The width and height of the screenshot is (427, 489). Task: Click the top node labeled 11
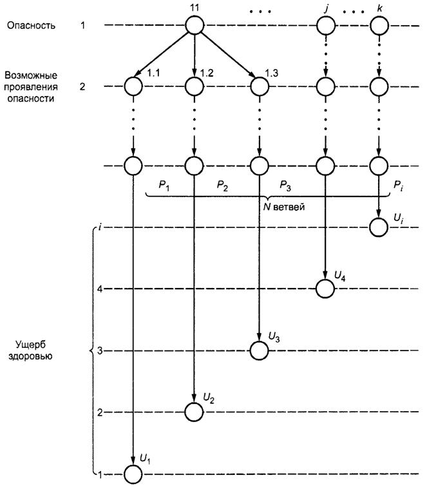pyautogui.click(x=195, y=25)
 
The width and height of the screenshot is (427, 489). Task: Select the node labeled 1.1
pyautogui.click(x=133, y=86)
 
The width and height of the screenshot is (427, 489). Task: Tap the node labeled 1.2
pyautogui.click(x=195, y=86)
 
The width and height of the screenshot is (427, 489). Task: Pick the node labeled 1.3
pyautogui.click(x=260, y=86)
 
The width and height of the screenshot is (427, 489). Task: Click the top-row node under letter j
pyautogui.click(x=326, y=25)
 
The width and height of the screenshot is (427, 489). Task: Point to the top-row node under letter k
pyautogui.click(x=379, y=25)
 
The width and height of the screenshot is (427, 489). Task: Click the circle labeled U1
pyautogui.click(x=133, y=474)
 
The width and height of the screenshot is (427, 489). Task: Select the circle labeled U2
pyautogui.click(x=194, y=412)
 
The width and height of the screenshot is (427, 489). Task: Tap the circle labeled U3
pyautogui.click(x=260, y=350)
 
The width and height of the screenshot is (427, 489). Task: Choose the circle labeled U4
pyautogui.click(x=325, y=289)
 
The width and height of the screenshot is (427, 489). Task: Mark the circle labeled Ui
pyautogui.click(x=379, y=227)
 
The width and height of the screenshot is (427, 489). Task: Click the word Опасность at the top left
pyautogui.click(x=31, y=25)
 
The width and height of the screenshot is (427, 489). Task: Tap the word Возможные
pyautogui.click(x=31, y=75)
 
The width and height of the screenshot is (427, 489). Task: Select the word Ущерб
pyautogui.click(x=30, y=345)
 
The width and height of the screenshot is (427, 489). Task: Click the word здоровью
pyautogui.click(x=30, y=356)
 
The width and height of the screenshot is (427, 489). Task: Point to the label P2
pyautogui.click(x=222, y=186)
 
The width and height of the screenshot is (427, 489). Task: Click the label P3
pyautogui.click(x=285, y=186)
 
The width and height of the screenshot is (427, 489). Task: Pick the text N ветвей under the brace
pyautogui.click(x=283, y=207)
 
